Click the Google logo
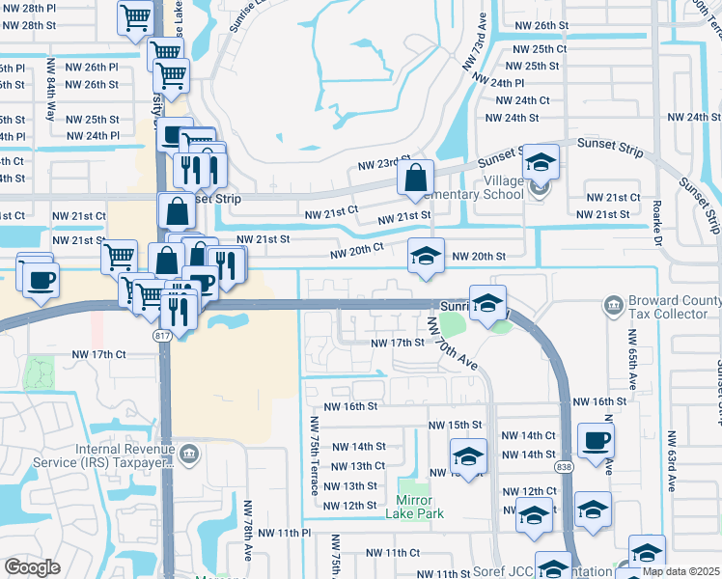coord(32,567)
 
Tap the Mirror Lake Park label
coord(420,513)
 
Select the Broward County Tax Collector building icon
coord(613,306)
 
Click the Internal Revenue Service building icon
coord(188,453)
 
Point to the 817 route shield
coord(161,335)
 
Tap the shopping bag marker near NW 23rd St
coord(415,178)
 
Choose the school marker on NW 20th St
coord(426,256)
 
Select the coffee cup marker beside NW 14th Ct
coord(596,440)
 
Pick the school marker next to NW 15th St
coord(468,455)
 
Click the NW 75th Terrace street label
coord(314,456)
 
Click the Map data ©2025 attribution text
coord(680,571)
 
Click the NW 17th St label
coord(399,343)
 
